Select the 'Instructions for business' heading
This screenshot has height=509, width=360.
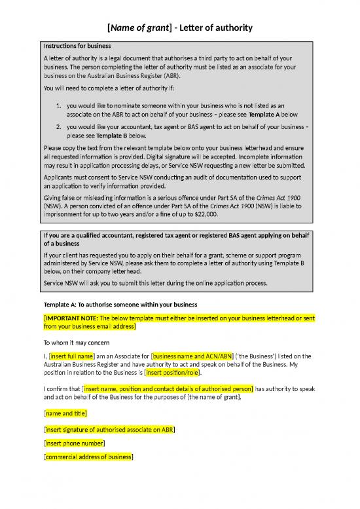(x=77, y=46)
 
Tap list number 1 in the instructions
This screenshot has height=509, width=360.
(x=59, y=105)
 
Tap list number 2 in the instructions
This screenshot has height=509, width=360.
(x=59, y=126)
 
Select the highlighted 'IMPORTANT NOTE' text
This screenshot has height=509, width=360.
(x=75, y=318)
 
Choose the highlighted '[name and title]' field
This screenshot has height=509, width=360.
(x=65, y=413)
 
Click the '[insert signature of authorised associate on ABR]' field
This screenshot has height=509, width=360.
(x=109, y=430)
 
